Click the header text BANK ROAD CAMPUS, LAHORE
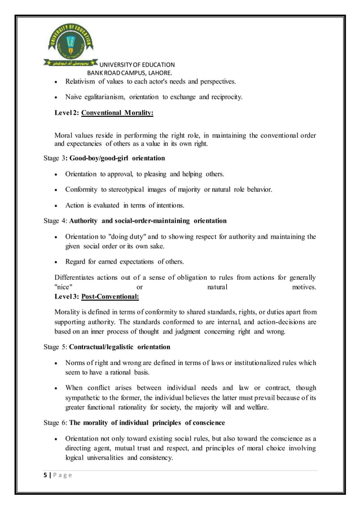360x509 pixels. coord(129,73)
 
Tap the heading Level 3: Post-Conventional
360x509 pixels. coord(96,296)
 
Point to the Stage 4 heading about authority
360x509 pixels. coord(135,221)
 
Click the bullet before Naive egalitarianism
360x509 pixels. coord(57,98)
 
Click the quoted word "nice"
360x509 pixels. coord(63,287)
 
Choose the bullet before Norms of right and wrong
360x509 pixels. coord(57,363)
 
